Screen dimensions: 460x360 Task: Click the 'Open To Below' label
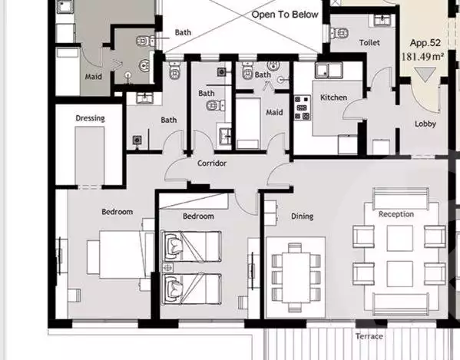tap(285, 15)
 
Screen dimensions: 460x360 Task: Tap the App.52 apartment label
tap(425, 43)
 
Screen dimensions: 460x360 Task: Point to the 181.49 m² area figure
tap(422, 56)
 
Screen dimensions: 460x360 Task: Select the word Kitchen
tap(333, 97)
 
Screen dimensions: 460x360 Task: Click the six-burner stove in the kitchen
tap(302, 107)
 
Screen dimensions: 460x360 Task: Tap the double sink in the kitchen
tap(329, 71)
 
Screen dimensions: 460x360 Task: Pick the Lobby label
tap(425, 124)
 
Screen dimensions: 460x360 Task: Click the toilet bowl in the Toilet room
tap(339, 32)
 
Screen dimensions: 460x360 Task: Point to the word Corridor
tap(212, 163)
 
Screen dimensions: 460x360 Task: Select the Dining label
tap(302, 216)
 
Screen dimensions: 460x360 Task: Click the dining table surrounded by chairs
tap(296, 278)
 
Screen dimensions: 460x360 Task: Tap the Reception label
tap(396, 214)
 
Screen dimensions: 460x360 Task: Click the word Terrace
tap(369, 336)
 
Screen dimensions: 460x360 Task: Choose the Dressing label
tap(90, 118)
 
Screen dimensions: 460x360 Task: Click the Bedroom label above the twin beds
tap(198, 216)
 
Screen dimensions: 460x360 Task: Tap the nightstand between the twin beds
tap(167, 267)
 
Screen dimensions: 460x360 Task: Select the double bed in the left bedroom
tap(121, 255)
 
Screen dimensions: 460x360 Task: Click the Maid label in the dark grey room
tap(93, 77)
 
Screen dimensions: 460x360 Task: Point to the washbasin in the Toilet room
tap(382, 20)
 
